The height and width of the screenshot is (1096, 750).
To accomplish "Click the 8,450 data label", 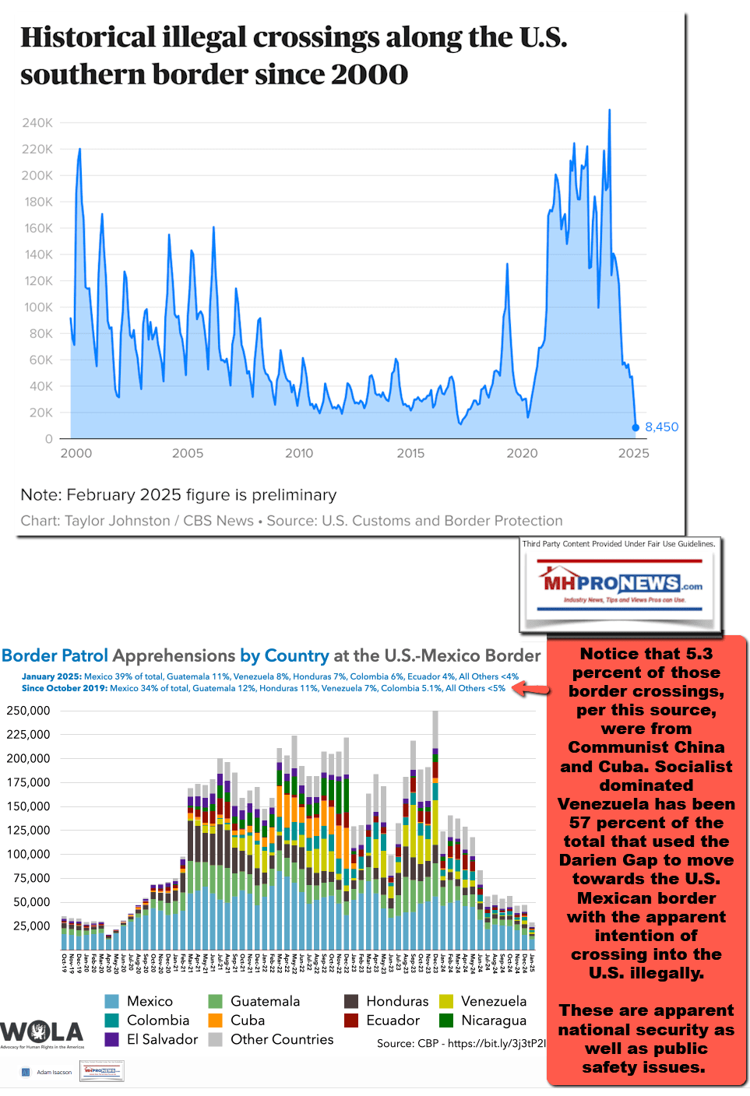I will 661,427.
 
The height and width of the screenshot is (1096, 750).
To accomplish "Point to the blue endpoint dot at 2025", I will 636,427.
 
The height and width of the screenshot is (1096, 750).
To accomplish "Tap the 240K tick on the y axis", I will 37,123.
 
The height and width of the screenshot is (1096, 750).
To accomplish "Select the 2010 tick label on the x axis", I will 299,454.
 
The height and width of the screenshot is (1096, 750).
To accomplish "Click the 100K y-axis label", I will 38,307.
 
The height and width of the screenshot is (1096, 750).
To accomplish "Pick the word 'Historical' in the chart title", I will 88,37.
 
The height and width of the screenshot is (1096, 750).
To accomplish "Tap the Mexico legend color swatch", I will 112,1001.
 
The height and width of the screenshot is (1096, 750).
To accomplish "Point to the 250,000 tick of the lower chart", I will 28,711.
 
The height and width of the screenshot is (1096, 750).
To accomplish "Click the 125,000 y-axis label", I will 28,831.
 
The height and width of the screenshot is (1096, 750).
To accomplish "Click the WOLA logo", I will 42,1033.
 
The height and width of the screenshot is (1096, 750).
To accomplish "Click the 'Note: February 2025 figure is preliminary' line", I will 178,495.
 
